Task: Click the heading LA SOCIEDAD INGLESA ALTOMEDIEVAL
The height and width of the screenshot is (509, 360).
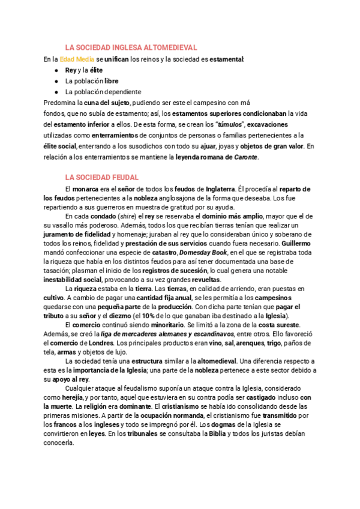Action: tap(131, 47)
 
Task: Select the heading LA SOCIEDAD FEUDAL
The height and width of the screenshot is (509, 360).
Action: tap(102, 178)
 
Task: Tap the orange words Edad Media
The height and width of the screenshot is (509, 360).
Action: tap(77, 59)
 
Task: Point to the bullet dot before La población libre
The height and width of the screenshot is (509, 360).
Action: tap(56, 81)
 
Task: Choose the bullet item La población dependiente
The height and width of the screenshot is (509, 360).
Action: tap(103, 92)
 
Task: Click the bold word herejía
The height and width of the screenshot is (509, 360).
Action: tap(68, 397)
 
